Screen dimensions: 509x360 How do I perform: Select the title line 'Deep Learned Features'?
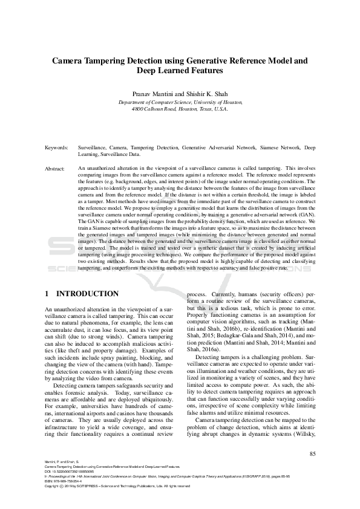180,71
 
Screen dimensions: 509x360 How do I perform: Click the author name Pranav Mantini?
154,94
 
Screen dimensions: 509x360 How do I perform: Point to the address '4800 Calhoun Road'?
155,109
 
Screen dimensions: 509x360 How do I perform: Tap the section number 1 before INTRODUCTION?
47,294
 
